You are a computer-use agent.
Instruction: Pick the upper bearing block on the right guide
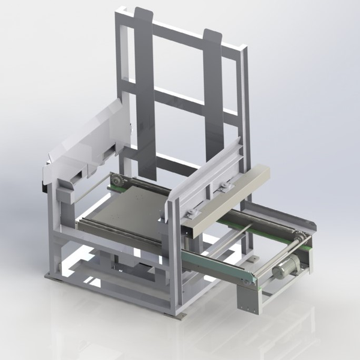[x=225, y=187]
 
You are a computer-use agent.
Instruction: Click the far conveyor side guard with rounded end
[x=282, y=216]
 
